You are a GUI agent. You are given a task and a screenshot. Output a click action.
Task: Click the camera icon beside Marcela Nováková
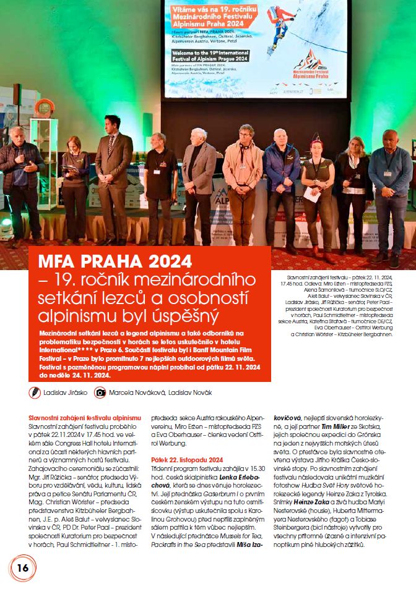coord(100,392)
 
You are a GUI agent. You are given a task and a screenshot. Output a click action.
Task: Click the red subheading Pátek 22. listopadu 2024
coord(186,459)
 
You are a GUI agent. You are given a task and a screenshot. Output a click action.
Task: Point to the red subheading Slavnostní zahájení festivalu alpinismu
coord(85,418)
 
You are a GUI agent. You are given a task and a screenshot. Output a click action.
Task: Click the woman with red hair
coord(318,185)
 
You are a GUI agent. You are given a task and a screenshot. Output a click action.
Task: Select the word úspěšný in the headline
coord(188,316)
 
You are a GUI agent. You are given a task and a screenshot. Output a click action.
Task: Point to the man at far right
coord(389,185)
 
